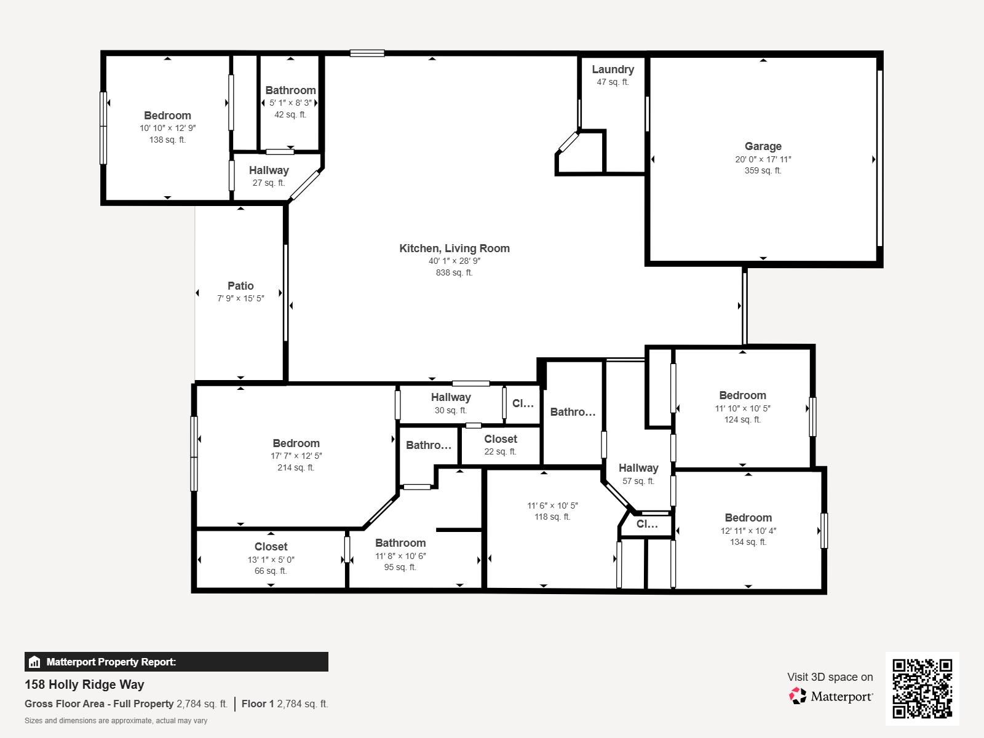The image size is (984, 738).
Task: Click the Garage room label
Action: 763,146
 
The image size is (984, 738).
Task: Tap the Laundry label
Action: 613,69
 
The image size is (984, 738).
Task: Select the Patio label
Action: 240,285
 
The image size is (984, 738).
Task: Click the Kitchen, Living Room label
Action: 454,248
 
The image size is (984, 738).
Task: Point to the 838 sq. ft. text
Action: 454,272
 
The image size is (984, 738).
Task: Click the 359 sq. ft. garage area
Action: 763,170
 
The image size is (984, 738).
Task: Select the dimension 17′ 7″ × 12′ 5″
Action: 296,456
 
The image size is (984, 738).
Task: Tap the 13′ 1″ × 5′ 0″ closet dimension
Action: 271,560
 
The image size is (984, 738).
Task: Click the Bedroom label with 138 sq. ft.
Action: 167,116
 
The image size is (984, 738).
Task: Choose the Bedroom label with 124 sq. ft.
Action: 742,395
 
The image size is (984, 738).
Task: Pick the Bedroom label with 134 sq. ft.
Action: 748,518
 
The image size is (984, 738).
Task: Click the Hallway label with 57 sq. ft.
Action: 638,468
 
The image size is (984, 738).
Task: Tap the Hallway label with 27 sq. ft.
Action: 269,170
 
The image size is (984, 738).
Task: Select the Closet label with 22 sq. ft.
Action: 501,439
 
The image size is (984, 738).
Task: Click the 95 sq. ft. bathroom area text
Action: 400,567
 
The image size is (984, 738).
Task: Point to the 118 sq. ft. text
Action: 552,517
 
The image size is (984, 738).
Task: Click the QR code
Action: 922,688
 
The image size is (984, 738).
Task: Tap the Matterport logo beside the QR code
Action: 830,696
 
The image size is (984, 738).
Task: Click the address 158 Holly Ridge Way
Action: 84,684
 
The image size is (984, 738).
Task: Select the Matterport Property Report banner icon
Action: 34,662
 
